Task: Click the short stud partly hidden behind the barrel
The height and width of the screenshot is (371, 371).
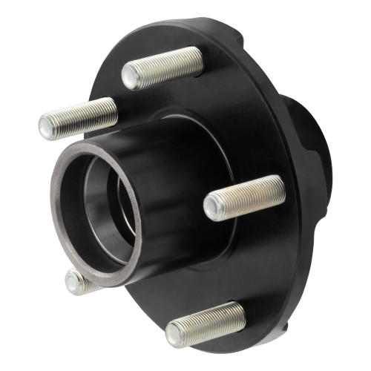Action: tap(76, 280)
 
